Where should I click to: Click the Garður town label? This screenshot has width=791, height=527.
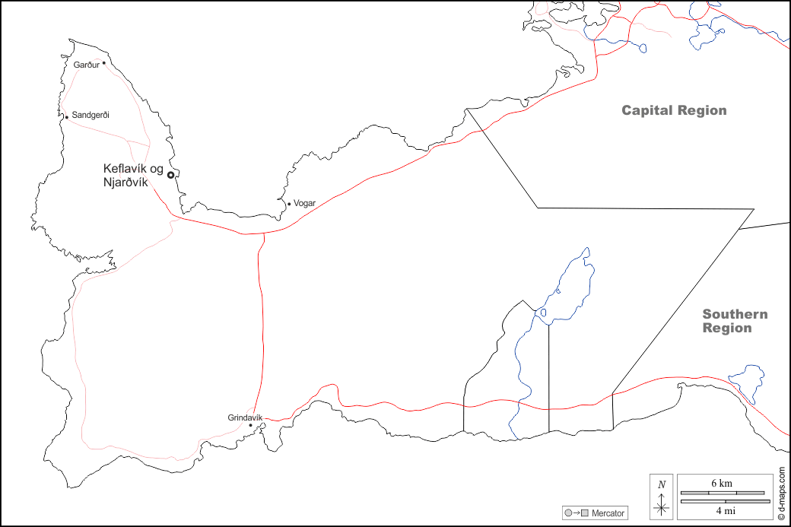tap(86, 65)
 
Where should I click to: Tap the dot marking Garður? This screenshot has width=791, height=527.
tap(103, 62)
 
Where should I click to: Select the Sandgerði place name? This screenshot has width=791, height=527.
tap(91, 116)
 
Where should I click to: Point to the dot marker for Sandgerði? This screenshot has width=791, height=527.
tap(67, 117)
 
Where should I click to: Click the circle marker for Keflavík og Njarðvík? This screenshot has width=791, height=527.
tap(170, 175)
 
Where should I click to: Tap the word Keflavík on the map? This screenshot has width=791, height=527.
tap(125, 168)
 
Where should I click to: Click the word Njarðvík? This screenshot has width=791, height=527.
tap(125, 182)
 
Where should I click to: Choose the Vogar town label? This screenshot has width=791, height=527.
tap(304, 203)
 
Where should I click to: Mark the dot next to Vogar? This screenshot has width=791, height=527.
tap(289, 204)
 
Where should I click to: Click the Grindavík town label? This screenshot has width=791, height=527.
tap(244, 417)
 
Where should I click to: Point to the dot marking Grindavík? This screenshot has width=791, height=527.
tap(251, 425)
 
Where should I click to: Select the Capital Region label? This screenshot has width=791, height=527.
tap(674, 110)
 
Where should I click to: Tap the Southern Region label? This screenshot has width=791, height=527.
tap(734, 321)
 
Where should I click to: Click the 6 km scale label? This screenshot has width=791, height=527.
tap(722, 484)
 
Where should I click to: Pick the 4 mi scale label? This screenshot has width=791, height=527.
tap(723, 510)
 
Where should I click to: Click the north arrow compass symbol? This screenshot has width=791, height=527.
tap(662, 505)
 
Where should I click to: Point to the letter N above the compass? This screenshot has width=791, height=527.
tap(662, 484)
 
